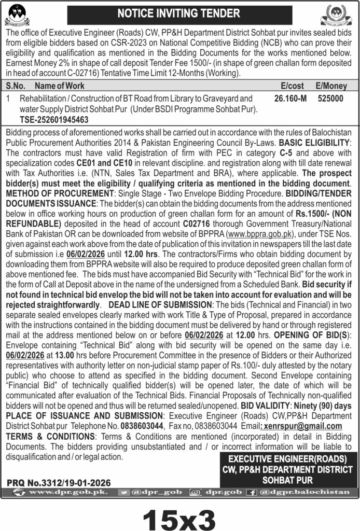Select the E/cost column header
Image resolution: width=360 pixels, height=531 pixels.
tap(292, 86)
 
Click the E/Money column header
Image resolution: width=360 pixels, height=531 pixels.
tap(330, 86)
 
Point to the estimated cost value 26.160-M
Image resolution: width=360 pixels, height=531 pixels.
tap(290, 97)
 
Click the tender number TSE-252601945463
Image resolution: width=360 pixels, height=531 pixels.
tap(54, 119)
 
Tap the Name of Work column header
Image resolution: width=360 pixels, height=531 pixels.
tap(58, 86)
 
